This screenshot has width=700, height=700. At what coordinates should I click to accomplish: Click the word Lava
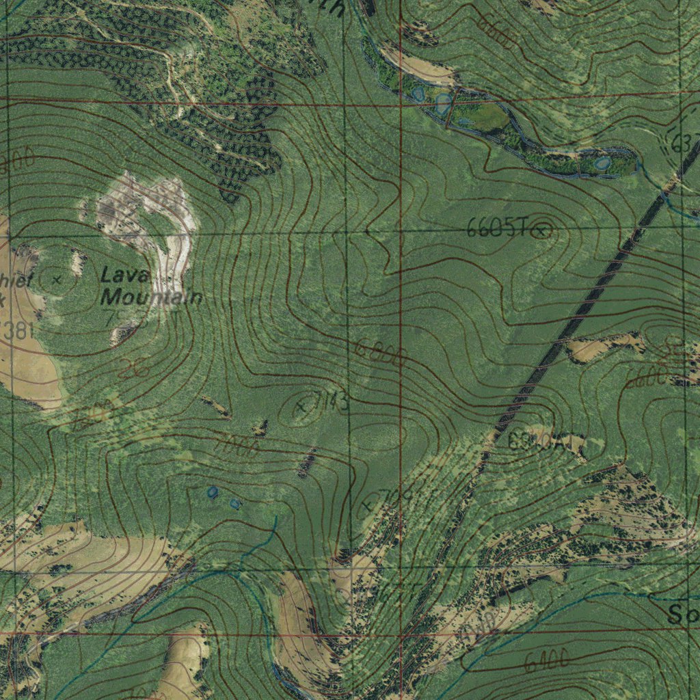(x=125, y=275)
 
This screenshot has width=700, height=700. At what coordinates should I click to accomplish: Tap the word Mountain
(x=152, y=297)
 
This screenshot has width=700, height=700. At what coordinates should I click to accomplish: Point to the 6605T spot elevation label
(x=497, y=229)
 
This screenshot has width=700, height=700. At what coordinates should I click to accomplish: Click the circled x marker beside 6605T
(x=542, y=231)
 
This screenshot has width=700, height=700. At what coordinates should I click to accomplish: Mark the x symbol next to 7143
(x=300, y=407)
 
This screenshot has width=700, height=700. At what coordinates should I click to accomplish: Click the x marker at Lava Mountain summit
(x=57, y=279)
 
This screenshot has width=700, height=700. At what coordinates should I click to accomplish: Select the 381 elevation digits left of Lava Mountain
(x=17, y=332)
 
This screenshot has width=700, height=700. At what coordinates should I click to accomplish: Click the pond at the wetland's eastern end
(x=602, y=163)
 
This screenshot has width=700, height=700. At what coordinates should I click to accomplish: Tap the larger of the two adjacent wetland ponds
(x=443, y=104)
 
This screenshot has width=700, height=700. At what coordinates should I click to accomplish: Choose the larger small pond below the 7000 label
(x=213, y=492)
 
